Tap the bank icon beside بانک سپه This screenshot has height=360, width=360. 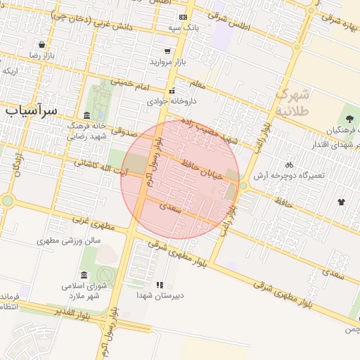click(x=184, y=17)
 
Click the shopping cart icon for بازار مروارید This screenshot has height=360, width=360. click(x=167, y=51)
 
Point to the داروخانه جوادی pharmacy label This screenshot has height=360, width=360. click(x=171, y=101)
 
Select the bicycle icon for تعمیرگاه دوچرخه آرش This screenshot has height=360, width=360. click(x=289, y=165)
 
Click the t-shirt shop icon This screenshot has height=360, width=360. click(x=342, y=201)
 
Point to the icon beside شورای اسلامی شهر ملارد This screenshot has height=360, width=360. click(x=84, y=274)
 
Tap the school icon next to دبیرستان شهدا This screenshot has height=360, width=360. click(x=160, y=285)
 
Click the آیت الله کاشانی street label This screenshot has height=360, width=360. click(x=101, y=167)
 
